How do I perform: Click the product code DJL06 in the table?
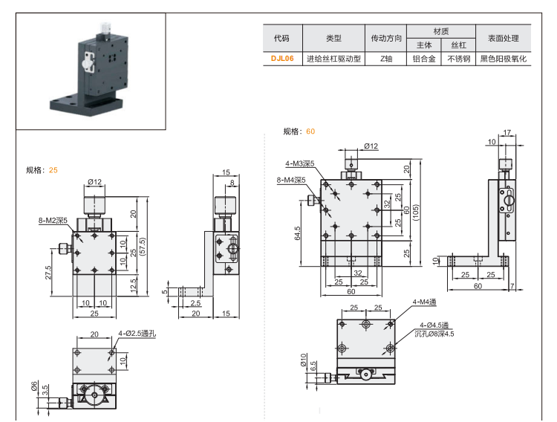coord(282,58)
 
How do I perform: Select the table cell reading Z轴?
coord(386,58)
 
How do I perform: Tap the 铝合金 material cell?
coord(425,58)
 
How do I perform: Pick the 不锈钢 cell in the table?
coord(458,58)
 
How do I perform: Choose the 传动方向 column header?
coord(386,38)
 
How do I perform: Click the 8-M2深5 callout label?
coord(53,221)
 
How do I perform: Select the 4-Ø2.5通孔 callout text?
coord(137,334)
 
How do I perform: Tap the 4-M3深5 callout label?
coord(300,163)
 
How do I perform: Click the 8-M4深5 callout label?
coord(290,180)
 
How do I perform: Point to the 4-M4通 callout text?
coord(425,302)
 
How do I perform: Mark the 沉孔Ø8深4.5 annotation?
coord(435,334)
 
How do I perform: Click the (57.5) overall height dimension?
coord(143,246)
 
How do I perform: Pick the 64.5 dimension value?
coord(297,233)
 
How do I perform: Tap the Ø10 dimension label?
coord(304,360)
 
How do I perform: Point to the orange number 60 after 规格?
coord(310,132)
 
